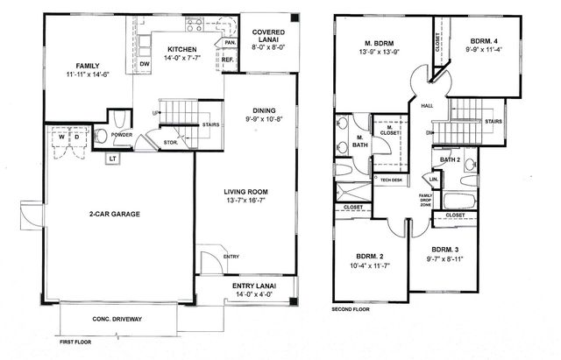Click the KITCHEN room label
pyautogui.click(x=181, y=49)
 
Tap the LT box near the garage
pyautogui.click(x=113, y=159)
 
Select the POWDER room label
pyautogui.click(x=121, y=135)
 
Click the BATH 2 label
pyautogui.click(x=450, y=159)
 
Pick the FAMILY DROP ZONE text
pyautogui.click(x=426, y=201)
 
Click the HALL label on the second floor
pyautogui.click(x=427, y=104)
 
